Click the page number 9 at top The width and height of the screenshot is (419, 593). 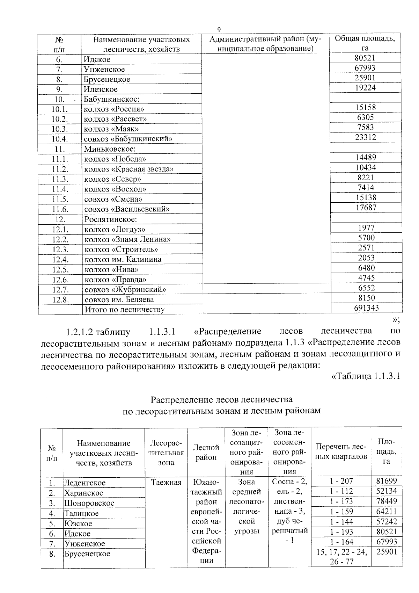pyautogui.click(x=219, y=30)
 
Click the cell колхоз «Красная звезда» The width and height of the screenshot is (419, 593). pyautogui.click(x=129, y=169)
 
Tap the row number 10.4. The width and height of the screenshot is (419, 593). pyautogui.click(x=59, y=139)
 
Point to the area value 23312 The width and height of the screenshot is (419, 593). pyautogui.click(x=365, y=137)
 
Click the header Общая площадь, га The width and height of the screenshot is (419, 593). pyautogui.click(x=365, y=43)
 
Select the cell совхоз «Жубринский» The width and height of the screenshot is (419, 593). pyautogui.click(x=125, y=290)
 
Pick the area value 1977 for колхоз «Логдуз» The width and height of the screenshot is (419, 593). pyautogui.click(x=366, y=228)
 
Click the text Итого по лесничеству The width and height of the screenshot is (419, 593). pyautogui.click(x=124, y=310)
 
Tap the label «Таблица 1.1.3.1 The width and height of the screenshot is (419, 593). pyautogui.click(x=365, y=377)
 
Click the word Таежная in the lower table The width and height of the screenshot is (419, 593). pyautogui.click(x=166, y=483)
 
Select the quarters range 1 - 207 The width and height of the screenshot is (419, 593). pyautogui.click(x=341, y=481)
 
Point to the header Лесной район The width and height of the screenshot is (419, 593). pyautogui.click(x=206, y=453)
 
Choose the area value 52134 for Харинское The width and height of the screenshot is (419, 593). pyautogui.click(x=386, y=491)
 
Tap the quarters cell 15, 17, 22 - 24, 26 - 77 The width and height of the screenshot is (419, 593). pyautogui.click(x=341, y=557)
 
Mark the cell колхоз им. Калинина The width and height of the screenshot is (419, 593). pyautogui.click(x=123, y=260)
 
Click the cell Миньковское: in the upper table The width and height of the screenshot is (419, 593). pyautogui.click(x=110, y=149)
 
